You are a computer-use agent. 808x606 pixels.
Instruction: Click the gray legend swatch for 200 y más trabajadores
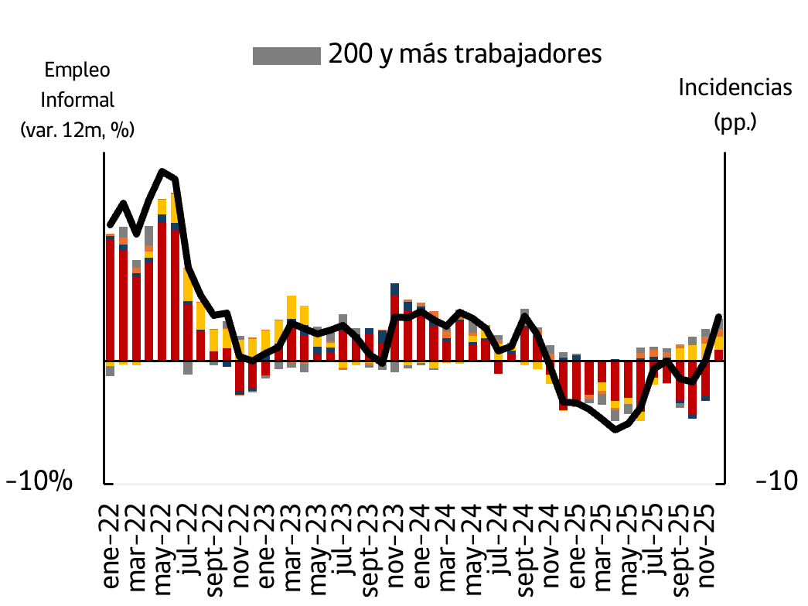286,56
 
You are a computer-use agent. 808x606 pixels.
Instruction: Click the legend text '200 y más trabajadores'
465,54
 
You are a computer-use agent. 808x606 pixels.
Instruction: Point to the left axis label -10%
39,481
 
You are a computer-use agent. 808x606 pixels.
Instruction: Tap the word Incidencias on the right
735,87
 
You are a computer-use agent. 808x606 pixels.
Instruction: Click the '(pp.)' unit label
735,121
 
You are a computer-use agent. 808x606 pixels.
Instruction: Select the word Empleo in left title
77,70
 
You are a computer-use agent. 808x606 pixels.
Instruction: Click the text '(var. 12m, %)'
77,130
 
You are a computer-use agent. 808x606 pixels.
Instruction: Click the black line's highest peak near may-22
162,171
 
